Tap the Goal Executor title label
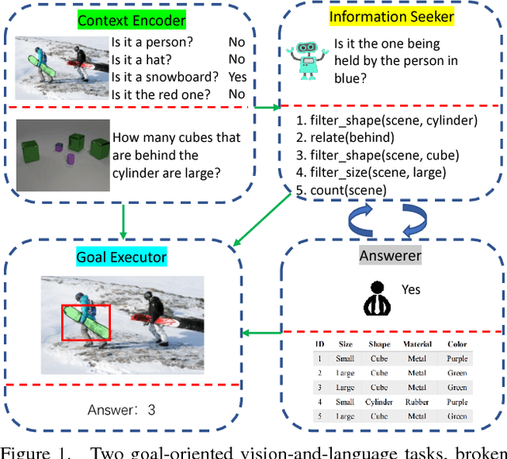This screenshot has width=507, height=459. click(122, 257)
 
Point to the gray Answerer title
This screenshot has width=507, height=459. click(390, 255)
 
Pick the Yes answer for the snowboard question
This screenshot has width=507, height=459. click(237, 77)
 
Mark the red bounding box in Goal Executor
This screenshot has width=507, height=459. click(86, 323)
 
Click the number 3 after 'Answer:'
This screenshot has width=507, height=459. click(151, 410)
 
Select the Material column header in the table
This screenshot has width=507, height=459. click(417, 344)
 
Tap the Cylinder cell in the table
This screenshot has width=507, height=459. click(379, 401)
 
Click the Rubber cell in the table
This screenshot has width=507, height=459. click(417, 401)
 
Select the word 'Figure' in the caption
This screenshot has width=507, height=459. click(26, 452)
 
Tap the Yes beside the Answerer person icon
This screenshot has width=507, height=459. click(411, 289)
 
